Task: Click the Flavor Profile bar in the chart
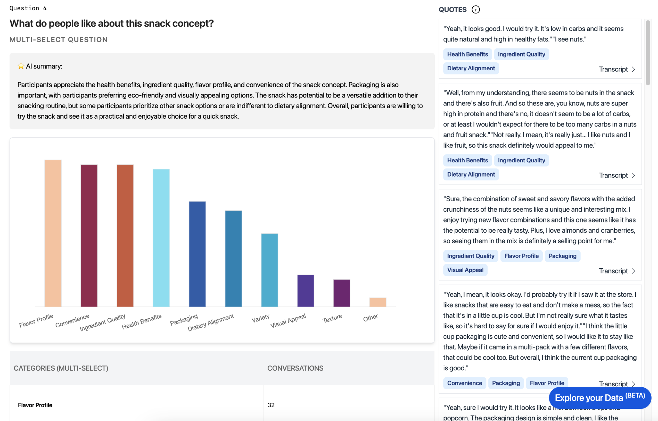(x=53, y=233)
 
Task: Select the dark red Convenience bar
(x=89, y=236)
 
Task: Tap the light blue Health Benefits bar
(x=161, y=238)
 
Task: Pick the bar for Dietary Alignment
(x=234, y=258)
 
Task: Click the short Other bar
(x=378, y=302)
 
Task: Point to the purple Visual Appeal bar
(x=306, y=291)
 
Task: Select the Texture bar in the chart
(x=342, y=293)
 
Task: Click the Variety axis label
(x=261, y=318)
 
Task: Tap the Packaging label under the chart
(x=184, y=320)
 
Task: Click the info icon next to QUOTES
(x=476, y=10)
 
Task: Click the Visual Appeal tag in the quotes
(x=465, y=270)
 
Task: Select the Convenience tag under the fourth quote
(x=465, y=383)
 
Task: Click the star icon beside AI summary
(x=21, y=66)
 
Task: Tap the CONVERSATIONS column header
(x=295, y=368)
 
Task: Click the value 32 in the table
(x=271, y=405)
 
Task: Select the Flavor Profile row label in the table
(x=35, y=405)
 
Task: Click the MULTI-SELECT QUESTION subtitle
(x=58, y=40)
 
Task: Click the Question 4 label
(x=28, y=8)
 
